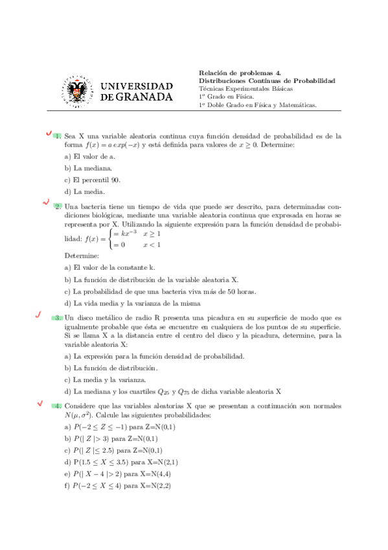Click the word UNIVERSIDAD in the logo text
click(x=137, y=86)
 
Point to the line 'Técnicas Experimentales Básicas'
click(x=245, y=88)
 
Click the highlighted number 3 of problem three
click(x=58, y=318)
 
